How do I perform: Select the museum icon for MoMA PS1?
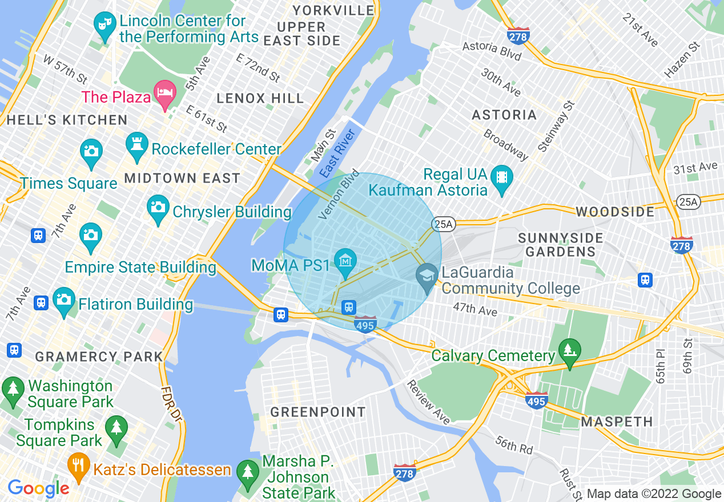point(345,261)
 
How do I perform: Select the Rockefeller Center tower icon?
point(136,148)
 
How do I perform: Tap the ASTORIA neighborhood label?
point(504,115)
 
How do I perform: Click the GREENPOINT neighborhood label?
point(318,412)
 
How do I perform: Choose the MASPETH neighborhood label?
point(617,422)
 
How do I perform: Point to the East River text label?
point(337,153)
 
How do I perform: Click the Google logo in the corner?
point(38,488)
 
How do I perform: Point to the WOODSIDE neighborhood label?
point(615,212)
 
